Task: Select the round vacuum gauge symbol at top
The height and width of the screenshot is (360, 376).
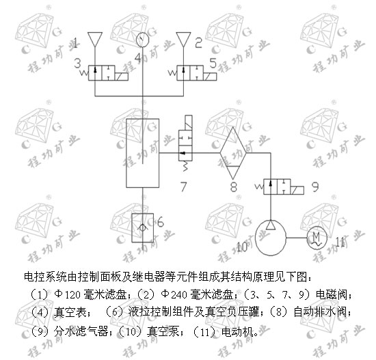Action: [x=142, y=40]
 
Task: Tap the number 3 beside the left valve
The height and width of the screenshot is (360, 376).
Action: [x=77, y=64]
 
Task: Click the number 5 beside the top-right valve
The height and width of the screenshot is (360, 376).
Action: [x=213, y=64]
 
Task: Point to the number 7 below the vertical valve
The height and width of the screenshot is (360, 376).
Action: [x=183, y=187]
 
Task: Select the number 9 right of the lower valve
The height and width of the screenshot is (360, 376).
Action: [x=315, y=186]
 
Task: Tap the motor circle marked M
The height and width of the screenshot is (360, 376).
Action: [x=317, y=238]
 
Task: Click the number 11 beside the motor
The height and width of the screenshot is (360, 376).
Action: [x=340, y=243]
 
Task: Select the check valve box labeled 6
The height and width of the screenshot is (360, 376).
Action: [x=142, y=227]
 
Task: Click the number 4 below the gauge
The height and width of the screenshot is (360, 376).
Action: [x=138, y=57]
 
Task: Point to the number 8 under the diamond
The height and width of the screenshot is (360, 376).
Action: [x=234, y=187]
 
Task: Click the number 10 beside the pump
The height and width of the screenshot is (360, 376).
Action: [x=242, y=247]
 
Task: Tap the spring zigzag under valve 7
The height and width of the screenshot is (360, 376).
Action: [x=185, y=166]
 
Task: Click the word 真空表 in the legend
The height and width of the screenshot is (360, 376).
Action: [x=70, y=312]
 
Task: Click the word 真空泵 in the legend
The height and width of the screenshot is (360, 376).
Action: [x=163, y=332]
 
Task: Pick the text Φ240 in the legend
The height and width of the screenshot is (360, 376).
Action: [x=174, y=294]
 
